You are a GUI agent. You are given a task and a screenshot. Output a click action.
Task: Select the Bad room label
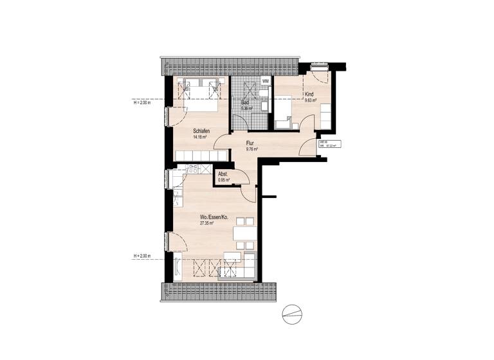coord(245,103)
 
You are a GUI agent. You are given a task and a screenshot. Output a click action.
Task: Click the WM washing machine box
coord(265,82)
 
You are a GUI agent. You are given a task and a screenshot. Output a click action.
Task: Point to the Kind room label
coord(309,94)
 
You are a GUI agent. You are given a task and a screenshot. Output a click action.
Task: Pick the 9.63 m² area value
coord(312,100)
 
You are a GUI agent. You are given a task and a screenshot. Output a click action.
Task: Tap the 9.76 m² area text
coord(252,149)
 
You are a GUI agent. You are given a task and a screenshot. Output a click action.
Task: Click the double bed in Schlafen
coord(205,94)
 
